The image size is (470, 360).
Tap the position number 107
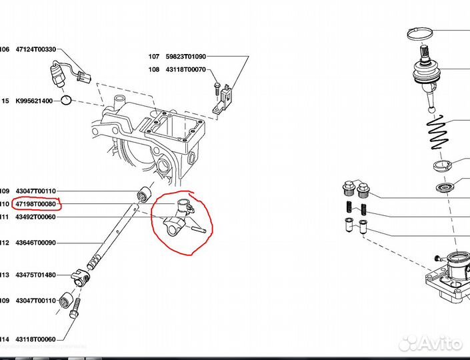click(x=154, y=57)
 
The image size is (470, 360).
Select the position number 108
click(x=154, y=69)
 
